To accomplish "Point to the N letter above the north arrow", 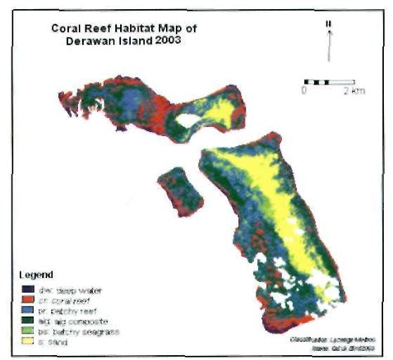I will [329, 23].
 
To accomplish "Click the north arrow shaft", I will [329, 46].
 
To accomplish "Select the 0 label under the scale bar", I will [305, 91].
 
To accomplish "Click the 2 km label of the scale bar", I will [355, 91].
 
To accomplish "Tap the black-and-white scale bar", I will [329, 81].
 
